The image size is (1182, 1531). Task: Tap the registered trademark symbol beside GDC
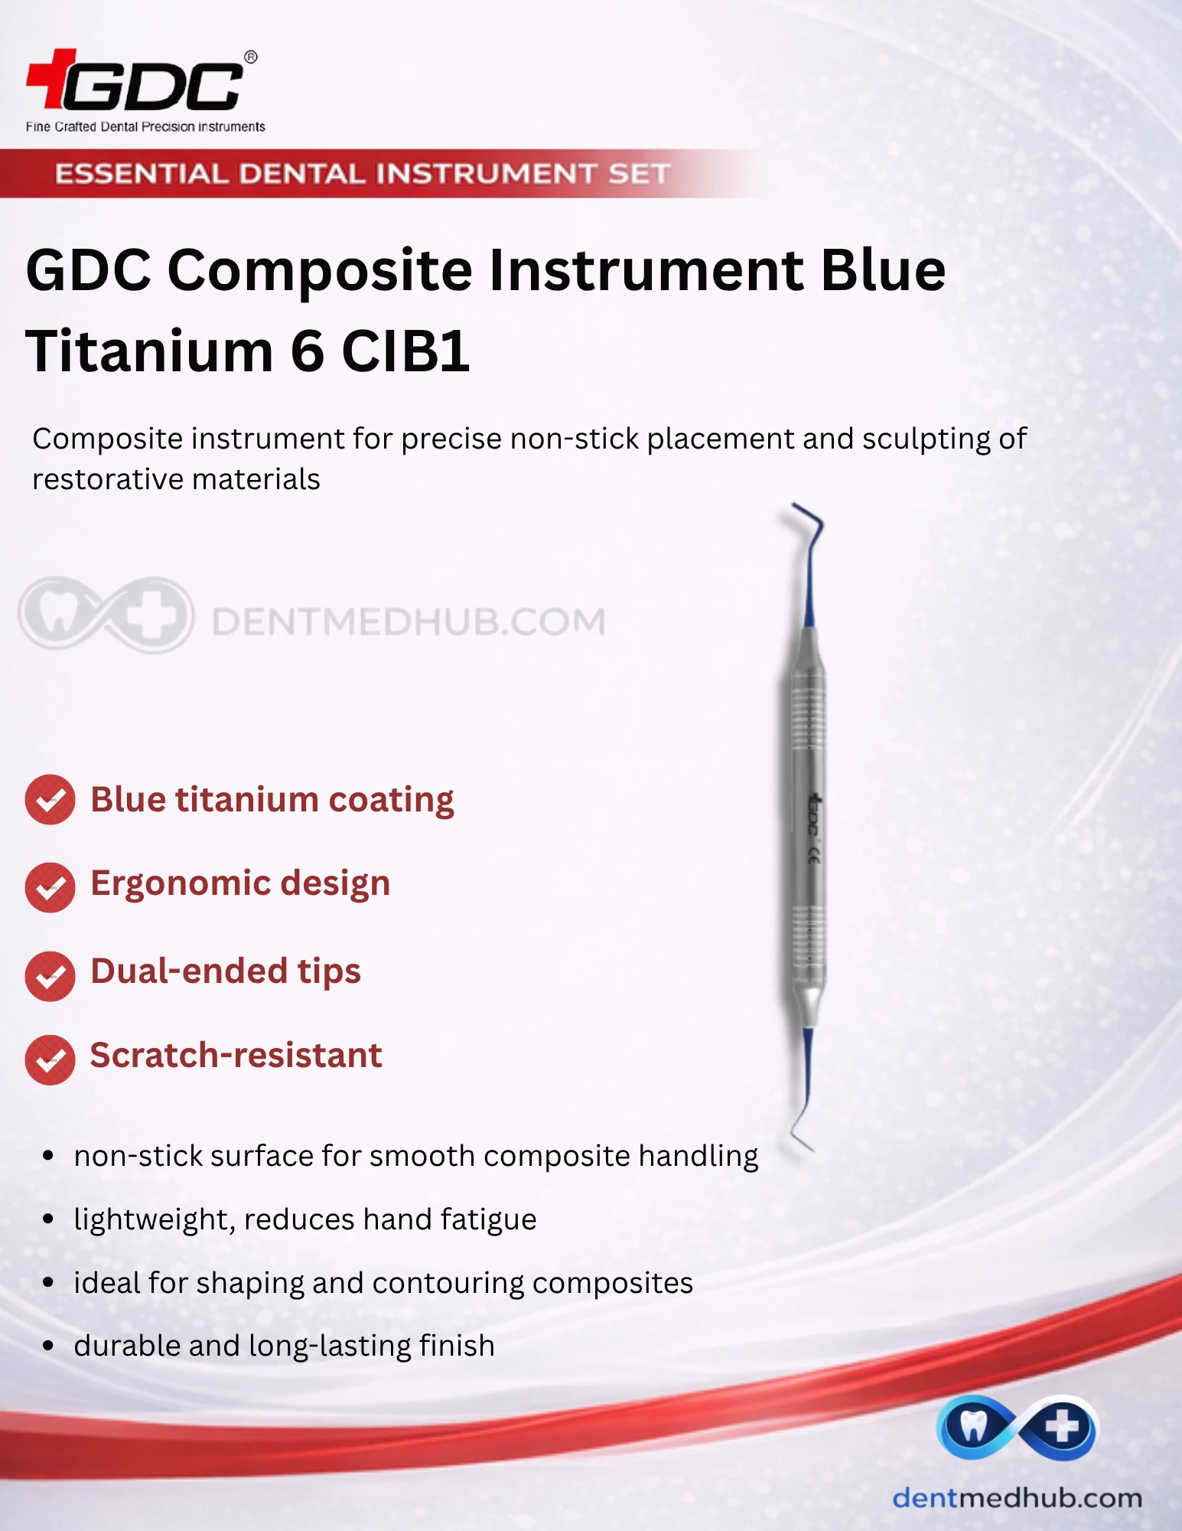[250, 57]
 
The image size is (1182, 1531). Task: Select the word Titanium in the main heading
[149, 351]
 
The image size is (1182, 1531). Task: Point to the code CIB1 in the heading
[405, 351]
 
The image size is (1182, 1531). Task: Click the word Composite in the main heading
[321, 272]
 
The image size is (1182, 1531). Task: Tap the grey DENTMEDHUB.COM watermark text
[409, 622]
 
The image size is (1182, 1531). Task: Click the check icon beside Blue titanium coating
[50, 800]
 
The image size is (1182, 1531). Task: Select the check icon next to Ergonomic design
[50, 887]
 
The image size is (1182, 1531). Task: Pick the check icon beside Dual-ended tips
[50, 976]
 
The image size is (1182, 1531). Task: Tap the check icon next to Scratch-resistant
[50, 1059]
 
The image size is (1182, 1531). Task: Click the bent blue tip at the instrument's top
[810, 536]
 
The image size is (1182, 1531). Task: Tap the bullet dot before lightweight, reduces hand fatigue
[48, 1219]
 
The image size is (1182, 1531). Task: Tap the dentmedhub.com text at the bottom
[1017, 1498]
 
